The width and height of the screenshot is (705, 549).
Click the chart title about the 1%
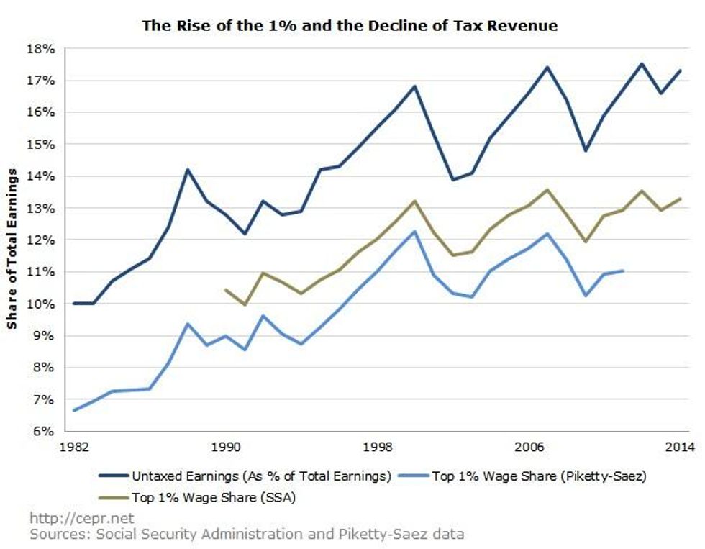(350, 26)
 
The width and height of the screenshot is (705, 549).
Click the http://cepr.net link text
(81, 518)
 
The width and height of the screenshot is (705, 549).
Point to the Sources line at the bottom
(247, 534)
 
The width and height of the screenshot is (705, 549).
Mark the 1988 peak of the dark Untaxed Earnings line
(188, 170)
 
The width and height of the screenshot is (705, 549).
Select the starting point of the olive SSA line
(226, 290)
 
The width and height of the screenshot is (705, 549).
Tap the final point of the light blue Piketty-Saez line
(623, 271)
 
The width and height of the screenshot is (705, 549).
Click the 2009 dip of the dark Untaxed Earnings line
(586, 151)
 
